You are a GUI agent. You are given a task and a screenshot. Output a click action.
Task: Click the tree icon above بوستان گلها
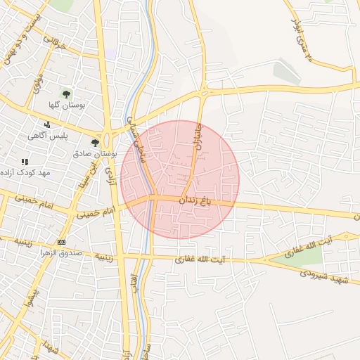[67, 93]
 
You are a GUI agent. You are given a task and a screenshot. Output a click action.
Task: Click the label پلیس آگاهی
[48, 136]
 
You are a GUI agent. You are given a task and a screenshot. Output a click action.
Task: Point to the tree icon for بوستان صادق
[95, 143]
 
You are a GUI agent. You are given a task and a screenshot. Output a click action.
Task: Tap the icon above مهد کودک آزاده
[25, 162]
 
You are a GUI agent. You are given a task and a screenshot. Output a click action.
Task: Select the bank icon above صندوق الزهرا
[61, 242]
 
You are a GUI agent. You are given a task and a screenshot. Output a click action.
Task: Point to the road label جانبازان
[198, 134]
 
